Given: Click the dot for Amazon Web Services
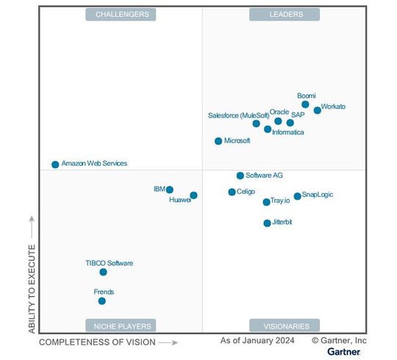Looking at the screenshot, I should click(55, 165).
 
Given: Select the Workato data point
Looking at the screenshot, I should click(318, 110).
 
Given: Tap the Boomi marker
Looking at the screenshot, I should click(306, 104).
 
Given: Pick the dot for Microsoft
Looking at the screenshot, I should click(218, 141).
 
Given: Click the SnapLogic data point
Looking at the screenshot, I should click(298, 196).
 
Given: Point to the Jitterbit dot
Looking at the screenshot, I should click(268, 223).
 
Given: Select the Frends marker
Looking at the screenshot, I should click(102, 300).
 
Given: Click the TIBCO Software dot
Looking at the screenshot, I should click(104, 272).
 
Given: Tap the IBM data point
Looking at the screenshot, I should click(170, 190).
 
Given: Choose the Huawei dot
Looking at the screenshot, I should click(193, 195).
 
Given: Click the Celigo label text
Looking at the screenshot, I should click(246, 192).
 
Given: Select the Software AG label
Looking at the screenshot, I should click(264, 176).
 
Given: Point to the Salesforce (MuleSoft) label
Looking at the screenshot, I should click(229, 115).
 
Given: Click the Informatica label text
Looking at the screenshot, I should click(287, 132).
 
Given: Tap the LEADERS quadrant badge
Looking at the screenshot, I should click(286, 14).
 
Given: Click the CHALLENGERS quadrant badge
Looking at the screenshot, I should click(122, 14).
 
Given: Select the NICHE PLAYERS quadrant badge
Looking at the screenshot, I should click(122, 325).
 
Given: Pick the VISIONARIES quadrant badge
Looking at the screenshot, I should click(286, 325).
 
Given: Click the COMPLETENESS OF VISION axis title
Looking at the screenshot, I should click(97, 342).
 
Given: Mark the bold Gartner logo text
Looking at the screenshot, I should click(344, 352).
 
